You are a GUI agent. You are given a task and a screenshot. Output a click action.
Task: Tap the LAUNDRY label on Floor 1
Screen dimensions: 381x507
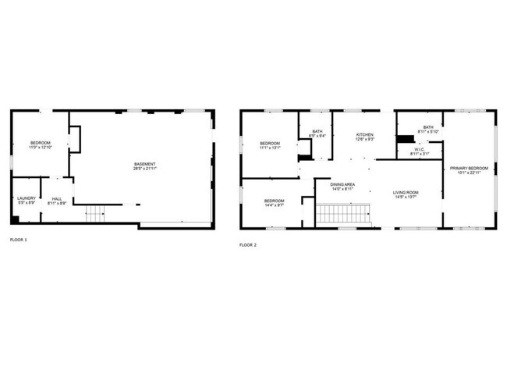coord(27,198)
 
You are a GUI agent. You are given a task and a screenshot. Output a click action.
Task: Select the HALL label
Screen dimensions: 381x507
coord(57,198)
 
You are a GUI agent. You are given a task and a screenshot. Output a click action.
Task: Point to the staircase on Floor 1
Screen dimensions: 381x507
coord(94,212)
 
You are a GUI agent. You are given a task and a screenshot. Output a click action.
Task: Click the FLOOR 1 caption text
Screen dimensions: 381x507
coord(18,239)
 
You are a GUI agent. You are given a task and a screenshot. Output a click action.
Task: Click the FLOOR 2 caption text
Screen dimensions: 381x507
coord(248,244)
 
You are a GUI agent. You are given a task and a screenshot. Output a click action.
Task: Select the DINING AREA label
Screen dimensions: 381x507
coord(343,184)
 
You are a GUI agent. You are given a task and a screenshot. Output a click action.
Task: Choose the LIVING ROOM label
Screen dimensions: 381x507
coord(406,192)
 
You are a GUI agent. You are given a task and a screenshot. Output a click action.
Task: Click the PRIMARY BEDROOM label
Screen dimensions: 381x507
coord(469,168)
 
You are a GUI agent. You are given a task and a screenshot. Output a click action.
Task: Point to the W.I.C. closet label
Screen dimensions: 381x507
coord(420,149)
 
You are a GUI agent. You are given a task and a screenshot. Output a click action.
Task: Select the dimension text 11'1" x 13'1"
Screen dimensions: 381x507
coord(271,148)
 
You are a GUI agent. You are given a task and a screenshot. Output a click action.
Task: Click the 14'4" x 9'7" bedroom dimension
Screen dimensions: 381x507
coord(274,206)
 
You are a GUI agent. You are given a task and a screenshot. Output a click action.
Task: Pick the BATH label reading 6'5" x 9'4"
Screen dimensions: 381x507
coord(317,132)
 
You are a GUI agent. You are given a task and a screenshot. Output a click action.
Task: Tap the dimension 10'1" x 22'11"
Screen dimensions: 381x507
coord(469,173)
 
